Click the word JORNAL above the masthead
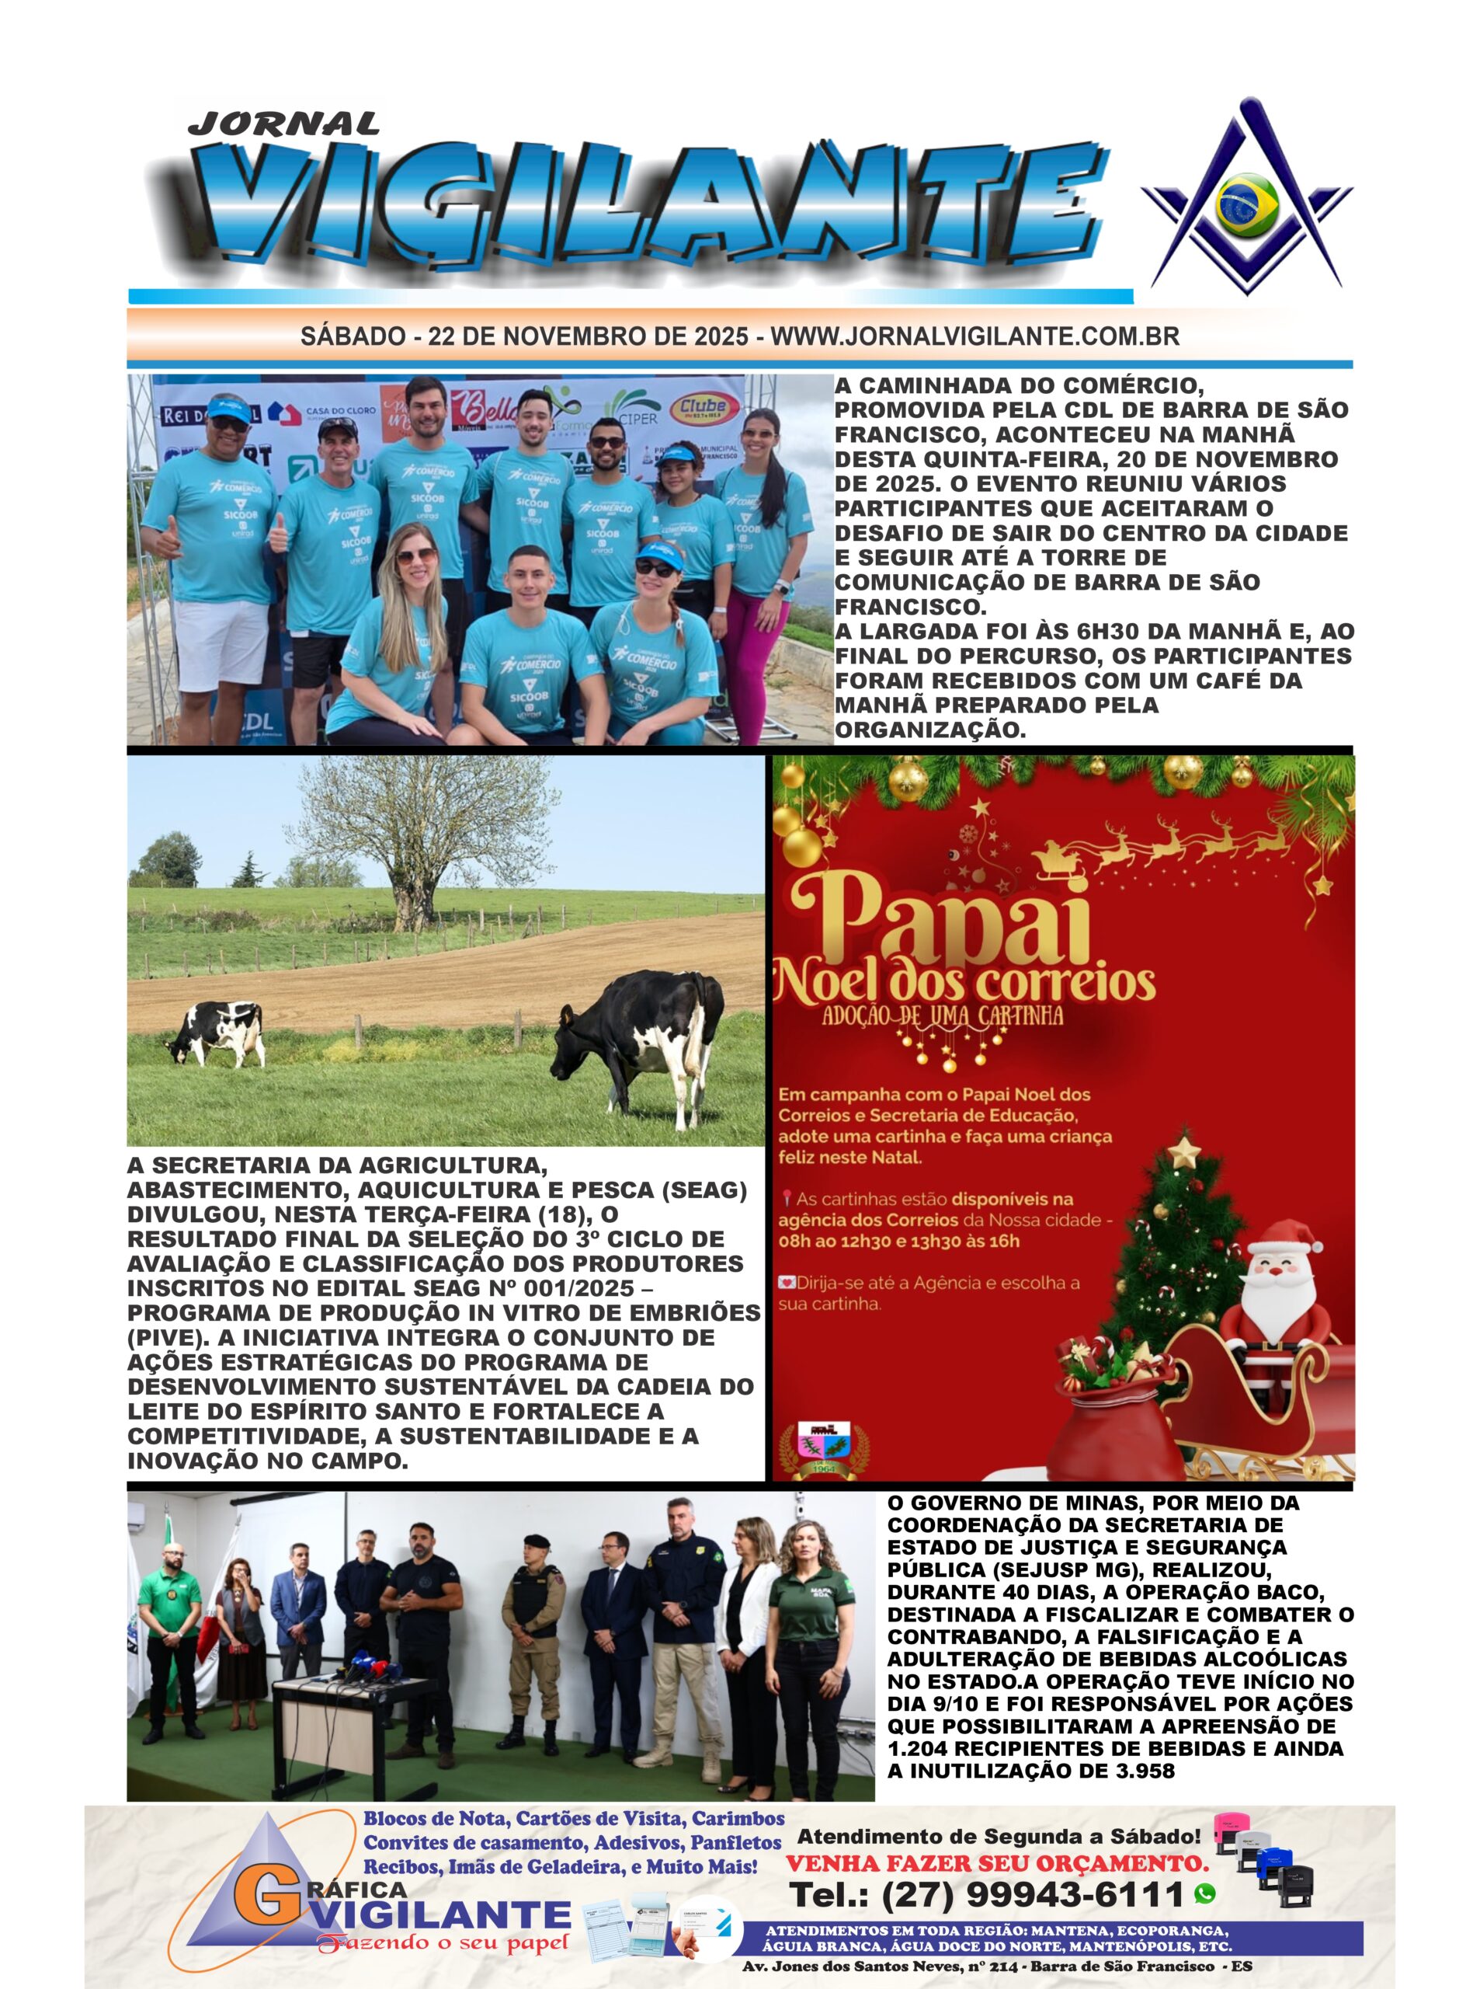[x=283, y=123]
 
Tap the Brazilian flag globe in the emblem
[x=1247, y=205]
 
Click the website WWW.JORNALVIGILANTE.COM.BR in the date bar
[x=975, y=337]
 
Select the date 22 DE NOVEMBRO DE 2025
[x=588, y=337]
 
